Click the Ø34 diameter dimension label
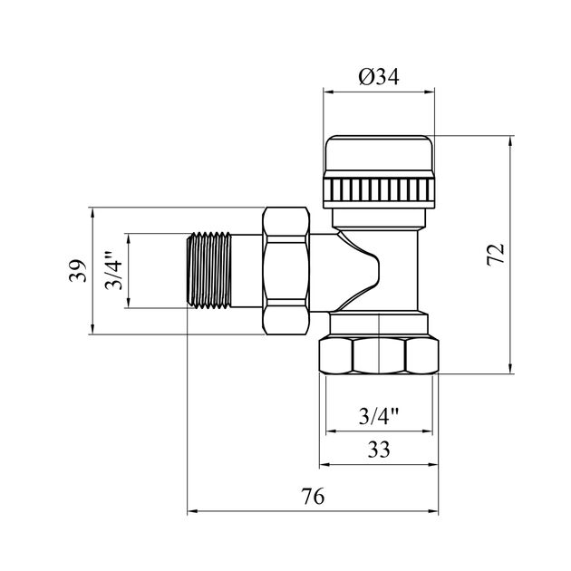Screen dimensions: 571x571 (x=379, y=77)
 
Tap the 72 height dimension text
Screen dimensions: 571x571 (x=496, y=255)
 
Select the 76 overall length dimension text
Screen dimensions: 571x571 (x=313, y=496)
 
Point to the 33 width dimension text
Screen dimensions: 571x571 (x=379, y=450)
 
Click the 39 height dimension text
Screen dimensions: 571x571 (x=78, y=271)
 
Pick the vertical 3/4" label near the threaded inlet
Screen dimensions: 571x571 (x=113, y=271)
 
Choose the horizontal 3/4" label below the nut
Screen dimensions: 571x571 (x=379, y=416)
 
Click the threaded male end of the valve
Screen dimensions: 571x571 (x=209, y=270)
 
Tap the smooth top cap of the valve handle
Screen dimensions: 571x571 (x=379, y=153)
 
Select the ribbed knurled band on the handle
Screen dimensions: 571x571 (x=379, y=189)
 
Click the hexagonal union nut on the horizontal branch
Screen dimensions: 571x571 (x=286, y=271)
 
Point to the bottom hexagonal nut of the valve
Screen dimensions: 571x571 (x=379, y=356)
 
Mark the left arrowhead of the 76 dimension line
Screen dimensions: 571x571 (x=192, y=511)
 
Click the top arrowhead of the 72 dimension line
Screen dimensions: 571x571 (x=510, y=140)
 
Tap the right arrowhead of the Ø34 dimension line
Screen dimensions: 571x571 (x=430, y=92)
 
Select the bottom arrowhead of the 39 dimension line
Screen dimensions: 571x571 (x=92, y=329)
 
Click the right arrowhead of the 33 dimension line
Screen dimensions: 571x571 (x=433, y=465)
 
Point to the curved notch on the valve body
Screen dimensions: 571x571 (x=361, y=268)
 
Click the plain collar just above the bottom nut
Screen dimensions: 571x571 (x=379, y=324)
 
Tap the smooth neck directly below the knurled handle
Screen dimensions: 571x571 (x=379, y=218)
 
